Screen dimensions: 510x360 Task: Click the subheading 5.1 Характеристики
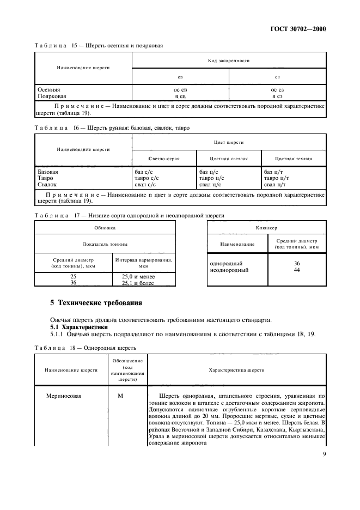click(75, 326)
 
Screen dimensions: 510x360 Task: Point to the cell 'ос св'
click(180, 89)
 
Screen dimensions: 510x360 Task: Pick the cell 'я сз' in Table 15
click(277, 96)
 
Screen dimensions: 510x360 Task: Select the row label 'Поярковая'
click(52, 96)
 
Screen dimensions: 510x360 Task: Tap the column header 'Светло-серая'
click(164, 159)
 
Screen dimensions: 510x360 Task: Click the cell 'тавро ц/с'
click(211, 178)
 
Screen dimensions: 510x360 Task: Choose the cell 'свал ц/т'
click(275, 185)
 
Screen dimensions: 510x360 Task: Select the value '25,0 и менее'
click(138, 276)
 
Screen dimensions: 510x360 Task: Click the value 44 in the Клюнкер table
click(296, 270)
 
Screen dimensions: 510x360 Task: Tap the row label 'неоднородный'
click(229, 270)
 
